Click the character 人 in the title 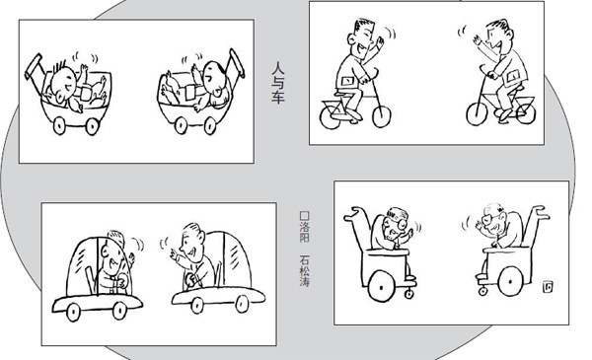[278, 69]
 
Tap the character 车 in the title [278, 97]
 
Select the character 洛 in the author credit [304, 227]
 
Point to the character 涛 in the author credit [304, 281]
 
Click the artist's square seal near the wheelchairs [548, 287]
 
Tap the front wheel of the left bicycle [381, 116]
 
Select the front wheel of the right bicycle [477, 113]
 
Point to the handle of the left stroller [34, 67]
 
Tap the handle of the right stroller [237, 63]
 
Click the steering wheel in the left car [122, 281]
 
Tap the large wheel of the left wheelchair [381, 287]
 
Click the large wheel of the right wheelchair [511, 281]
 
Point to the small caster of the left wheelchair [409, 294]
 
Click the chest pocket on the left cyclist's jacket [347, 81]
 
